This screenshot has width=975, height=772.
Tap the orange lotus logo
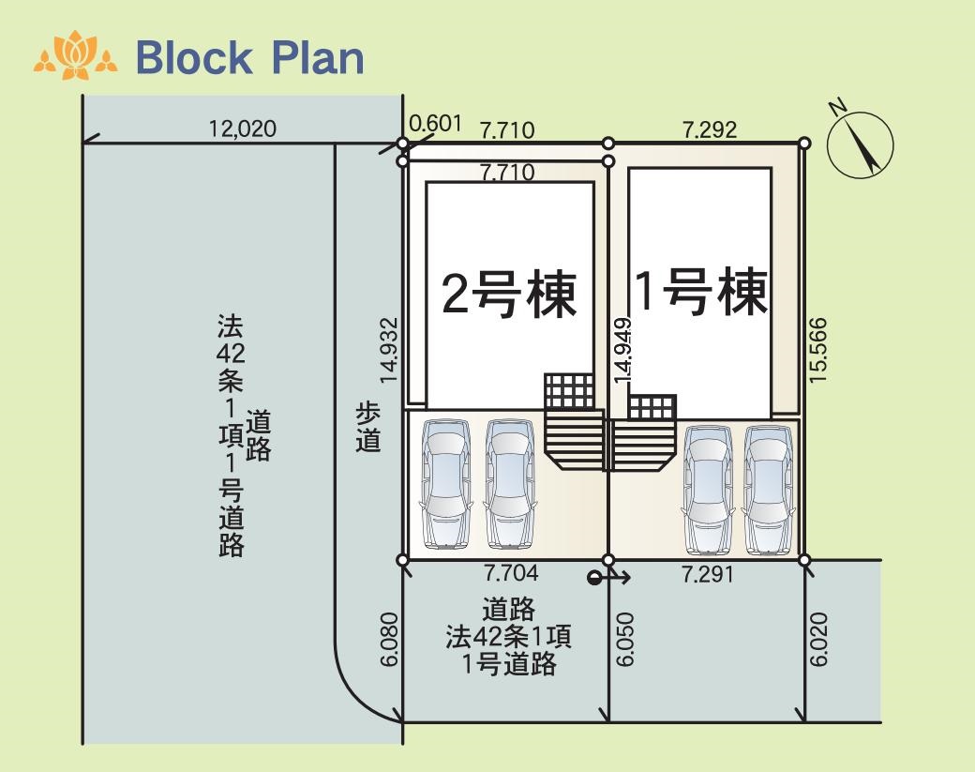tap(76, 55)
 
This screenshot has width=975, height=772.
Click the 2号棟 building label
tap(509, 295)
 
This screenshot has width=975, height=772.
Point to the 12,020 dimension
tap(243, 129)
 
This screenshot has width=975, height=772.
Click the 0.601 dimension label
tap(436, 123)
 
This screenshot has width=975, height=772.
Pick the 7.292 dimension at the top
tap(710, 129)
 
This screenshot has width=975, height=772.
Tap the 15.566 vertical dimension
tap(817, 350)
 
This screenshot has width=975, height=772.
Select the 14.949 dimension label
tap(622, 348)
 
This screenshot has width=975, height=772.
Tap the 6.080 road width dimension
tap(390, 640)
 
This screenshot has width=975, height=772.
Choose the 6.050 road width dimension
tap(625, 640)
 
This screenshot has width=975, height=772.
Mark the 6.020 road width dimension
tap(818, 640)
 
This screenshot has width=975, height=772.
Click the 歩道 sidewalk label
tap(367, 427)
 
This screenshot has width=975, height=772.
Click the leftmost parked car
tap(445, 484)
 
